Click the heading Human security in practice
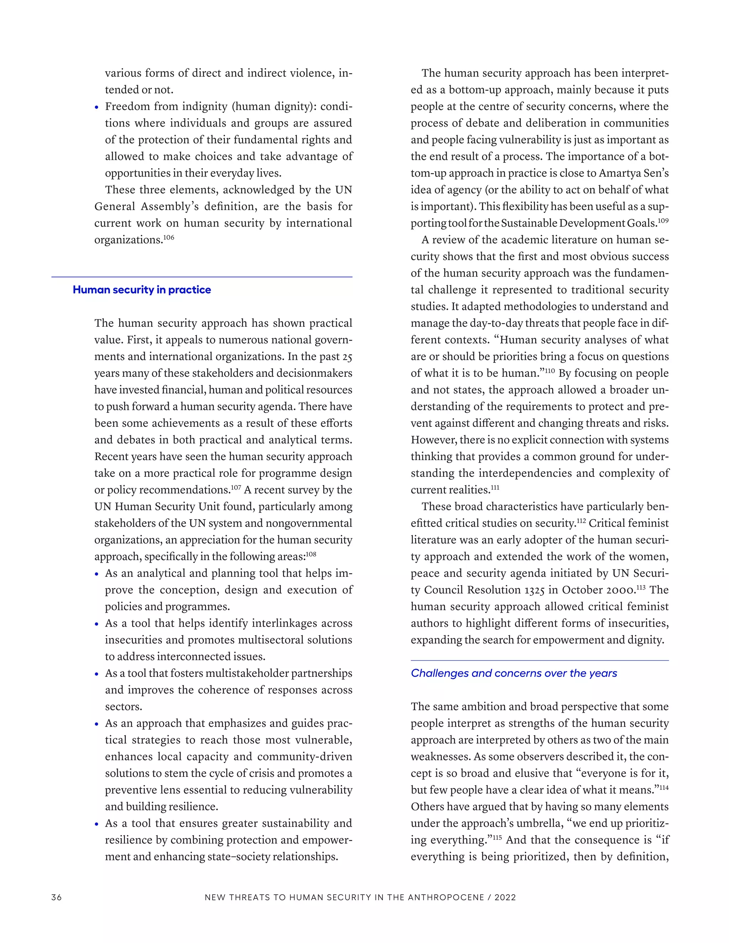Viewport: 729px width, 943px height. pyautogui.click(x=142, y=290)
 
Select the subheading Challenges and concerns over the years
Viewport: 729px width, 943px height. pyautogui.click(x=514, y=673)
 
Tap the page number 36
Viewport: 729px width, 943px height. pyautogui.click(x=57, y=897)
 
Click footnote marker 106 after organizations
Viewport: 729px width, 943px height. pyautogui.click(x=169, y=237)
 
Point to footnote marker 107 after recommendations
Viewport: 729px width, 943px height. pyautogui.click(x=236, y=488)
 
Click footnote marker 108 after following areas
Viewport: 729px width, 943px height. pyautogui.click(x=311, y=554)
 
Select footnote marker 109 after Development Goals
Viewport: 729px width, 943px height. pyautogui.click(x=663, y=221)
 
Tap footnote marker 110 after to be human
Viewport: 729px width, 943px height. pyautogui.click(x=549, y=371)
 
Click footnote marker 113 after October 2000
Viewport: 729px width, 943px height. pyautogui.click(x=640, y=588)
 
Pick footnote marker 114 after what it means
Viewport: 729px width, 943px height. pyautogui.click(x=664, y=787)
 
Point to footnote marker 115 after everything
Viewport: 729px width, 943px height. pyautogui.click(x=497, y=838)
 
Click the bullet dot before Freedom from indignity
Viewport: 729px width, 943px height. pyautogui.click(x=97, y=107)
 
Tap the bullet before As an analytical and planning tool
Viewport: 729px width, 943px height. pyautogui.click(x=97, y=574)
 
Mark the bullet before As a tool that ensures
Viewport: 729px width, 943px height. pyautogui.click(x=97, y=824)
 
